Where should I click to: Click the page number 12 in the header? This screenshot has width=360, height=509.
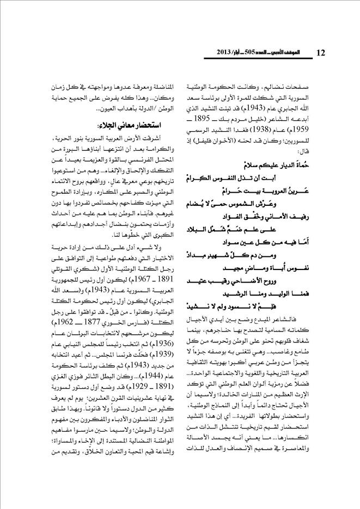[x=321, y=52]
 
